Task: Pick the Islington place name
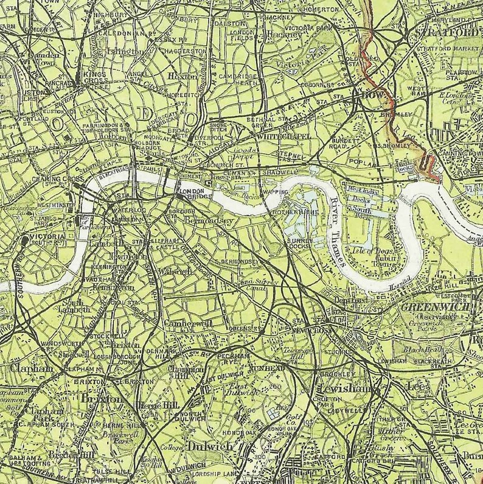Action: [123, 52]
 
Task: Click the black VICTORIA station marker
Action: [23, 239]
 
